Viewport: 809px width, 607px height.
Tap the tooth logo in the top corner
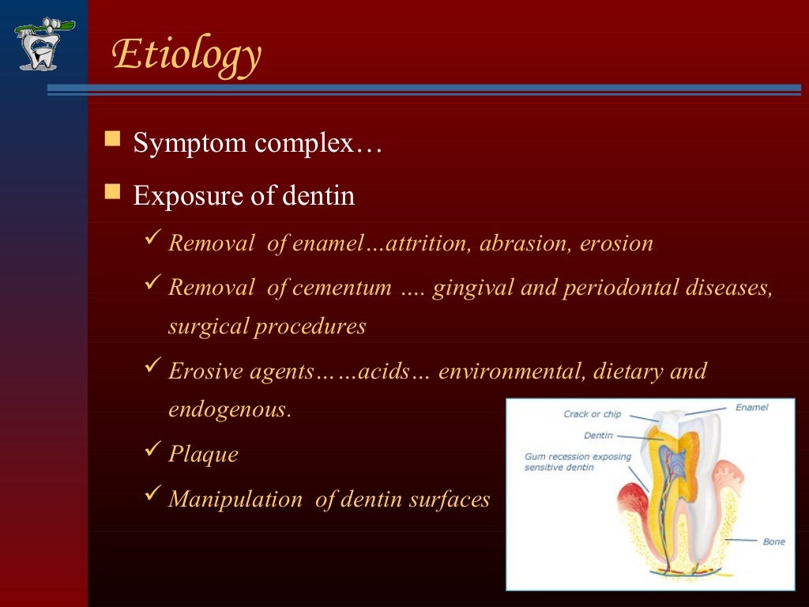[45, 44]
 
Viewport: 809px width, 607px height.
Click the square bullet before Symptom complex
[113, 141]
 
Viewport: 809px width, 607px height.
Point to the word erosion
[616, 243]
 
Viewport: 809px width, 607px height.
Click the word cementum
[341, 288]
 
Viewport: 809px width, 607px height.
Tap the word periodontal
[615, 288]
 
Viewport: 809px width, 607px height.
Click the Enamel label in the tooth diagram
[751, 408]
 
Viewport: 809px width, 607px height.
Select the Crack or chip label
[593, 414]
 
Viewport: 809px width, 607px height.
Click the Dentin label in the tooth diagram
[598, 435]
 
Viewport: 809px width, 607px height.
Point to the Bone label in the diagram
[773, 542]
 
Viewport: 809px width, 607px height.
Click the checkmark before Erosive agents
[154, 368]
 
